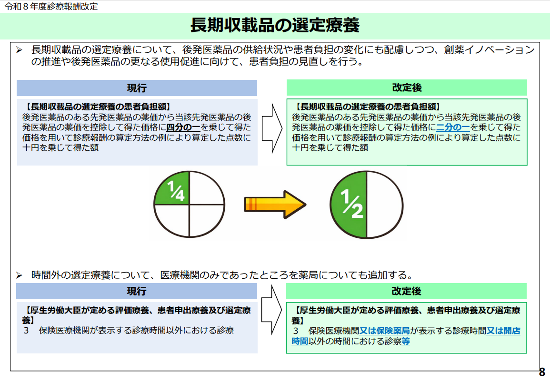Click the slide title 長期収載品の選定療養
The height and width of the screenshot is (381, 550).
(275, 26)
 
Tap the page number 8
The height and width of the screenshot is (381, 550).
(542, 372)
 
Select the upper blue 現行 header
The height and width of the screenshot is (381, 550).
(137, 88)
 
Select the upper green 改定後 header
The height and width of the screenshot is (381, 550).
(407, 88)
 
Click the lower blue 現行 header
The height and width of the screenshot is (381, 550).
(137, 291)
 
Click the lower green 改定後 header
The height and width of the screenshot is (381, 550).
(407, 291)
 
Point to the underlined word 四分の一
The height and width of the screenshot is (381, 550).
(183, 127)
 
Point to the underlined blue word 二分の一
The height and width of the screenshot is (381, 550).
(453, 127)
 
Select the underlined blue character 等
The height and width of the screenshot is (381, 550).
(406, 341)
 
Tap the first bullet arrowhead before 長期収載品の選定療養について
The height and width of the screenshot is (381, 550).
(20, 50)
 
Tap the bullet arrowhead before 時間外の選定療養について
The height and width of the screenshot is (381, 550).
(20, 275)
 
